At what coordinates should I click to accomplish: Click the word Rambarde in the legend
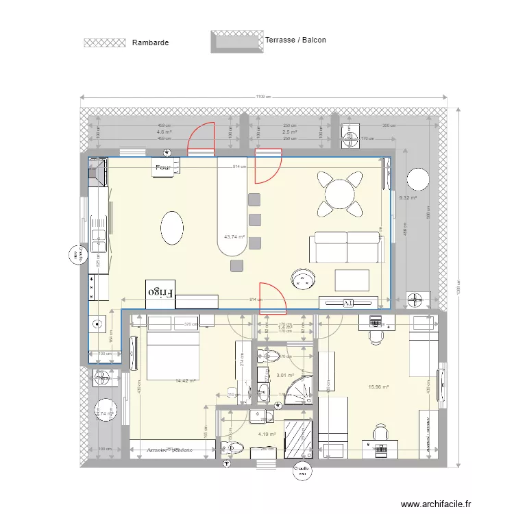(x=150, y=42)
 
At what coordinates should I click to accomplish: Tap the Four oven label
(x=162, y=167)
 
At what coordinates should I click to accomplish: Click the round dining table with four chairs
(x=340, y=193)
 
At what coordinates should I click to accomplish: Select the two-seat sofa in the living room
(x=346, y=247)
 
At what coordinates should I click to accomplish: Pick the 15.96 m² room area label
(x=378, y=387)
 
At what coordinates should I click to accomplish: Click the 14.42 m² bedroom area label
(x=185, y=380)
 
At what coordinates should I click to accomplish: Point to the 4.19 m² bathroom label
(x=267, y=434)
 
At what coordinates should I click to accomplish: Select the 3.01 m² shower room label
(x=284, y=375)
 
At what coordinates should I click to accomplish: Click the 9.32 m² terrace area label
(x=408, y=198)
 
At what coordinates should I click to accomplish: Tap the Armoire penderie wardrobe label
(x=169, y=450)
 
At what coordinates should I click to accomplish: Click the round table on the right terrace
(x=417, y=180)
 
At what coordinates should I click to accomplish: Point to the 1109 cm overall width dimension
(x=265, y=97)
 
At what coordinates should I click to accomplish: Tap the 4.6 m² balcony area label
(x=164, y=132)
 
